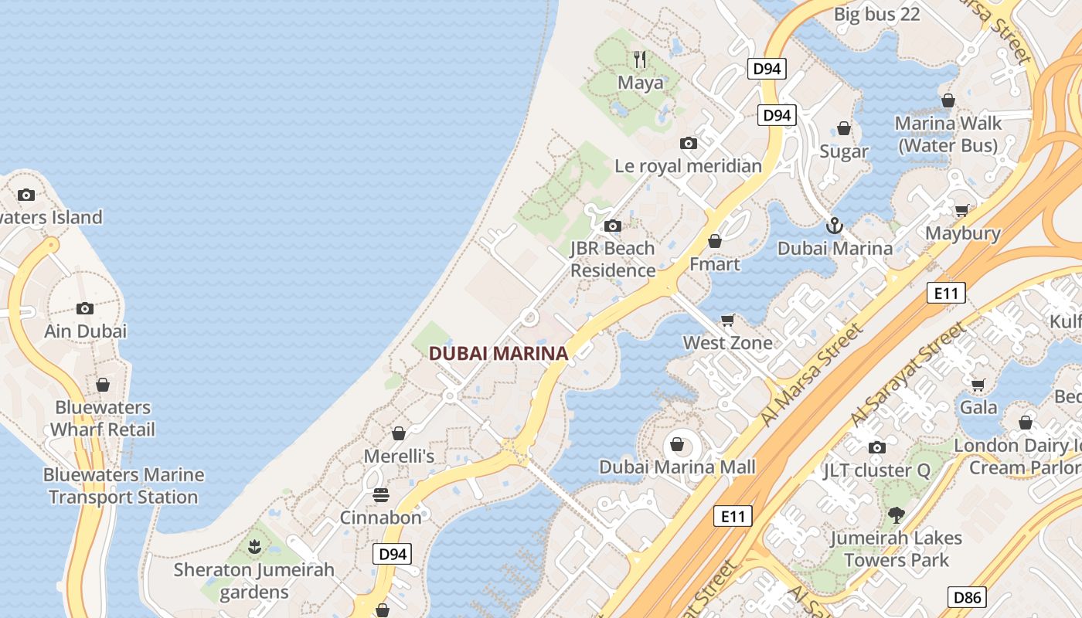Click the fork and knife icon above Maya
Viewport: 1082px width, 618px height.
tap(640, 59)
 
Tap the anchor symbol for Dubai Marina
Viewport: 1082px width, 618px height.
tap(834, 226)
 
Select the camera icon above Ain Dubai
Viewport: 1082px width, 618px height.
tap(85, 309)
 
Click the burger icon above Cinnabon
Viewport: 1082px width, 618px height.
tap(381, 494)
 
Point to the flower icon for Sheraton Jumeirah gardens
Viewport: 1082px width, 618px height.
tap(254, 548)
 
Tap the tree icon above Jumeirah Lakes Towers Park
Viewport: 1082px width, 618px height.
tap(897, 515)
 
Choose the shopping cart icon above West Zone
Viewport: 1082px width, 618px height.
tap(727, 320)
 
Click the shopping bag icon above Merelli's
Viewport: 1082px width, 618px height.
tap(399, 433)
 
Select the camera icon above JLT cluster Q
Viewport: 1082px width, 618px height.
tap(876, 448)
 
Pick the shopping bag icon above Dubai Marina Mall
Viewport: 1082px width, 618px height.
tap(677, 444)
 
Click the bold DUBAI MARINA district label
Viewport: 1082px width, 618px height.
tap(498, 354)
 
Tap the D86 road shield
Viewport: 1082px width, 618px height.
tap(967, 597)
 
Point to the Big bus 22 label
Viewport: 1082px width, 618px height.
tap(877, 14)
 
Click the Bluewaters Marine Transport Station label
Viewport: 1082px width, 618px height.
tap(124, 486)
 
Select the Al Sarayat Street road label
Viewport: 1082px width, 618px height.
tap(909, 374)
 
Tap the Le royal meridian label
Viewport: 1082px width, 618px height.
tap(688, 166)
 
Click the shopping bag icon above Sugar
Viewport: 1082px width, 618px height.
tap(844, 128)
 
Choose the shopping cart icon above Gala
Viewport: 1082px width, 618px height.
tap(978, 385)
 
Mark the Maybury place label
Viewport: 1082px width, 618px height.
tap(963, 233)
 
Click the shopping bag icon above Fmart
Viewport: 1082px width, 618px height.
tap(715, 242)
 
